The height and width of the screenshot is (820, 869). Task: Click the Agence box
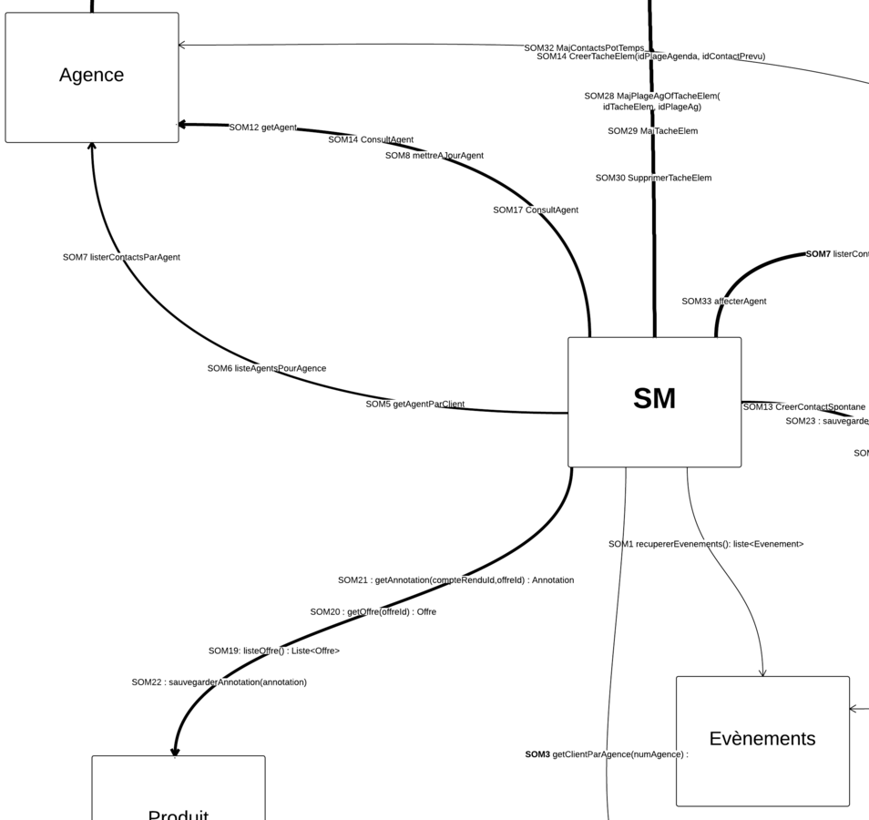coord(92,77)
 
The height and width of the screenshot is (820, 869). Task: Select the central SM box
coord(654,401)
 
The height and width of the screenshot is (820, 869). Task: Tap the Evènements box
coord(762,740)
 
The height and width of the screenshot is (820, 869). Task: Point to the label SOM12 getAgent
coord(262,128)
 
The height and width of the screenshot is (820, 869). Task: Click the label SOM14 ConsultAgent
coord(371,139)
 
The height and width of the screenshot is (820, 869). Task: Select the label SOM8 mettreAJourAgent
coord(434,156)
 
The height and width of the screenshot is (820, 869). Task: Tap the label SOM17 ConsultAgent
coord(536,210)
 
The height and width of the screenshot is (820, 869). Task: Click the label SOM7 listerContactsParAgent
coord(121,258)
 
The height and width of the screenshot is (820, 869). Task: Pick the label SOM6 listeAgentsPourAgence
coord(266,369)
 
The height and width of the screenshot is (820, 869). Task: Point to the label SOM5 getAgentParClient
coord(414,405)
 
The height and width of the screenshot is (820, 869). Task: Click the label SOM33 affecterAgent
coord(723,302)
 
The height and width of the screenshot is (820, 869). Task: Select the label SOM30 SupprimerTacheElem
coord(653,179)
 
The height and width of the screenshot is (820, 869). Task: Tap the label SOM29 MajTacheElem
coord(652,131)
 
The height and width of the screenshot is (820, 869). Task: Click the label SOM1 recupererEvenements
coord(705,545)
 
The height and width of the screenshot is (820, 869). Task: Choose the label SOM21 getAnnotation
coord(455,580)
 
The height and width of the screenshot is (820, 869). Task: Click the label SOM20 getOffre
coord(373,612)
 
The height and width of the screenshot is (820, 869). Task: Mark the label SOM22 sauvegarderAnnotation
coord(219,682)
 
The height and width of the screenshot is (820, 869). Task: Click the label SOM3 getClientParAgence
coord(606,754)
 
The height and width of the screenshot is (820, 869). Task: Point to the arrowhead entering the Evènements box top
coord(762,673)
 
